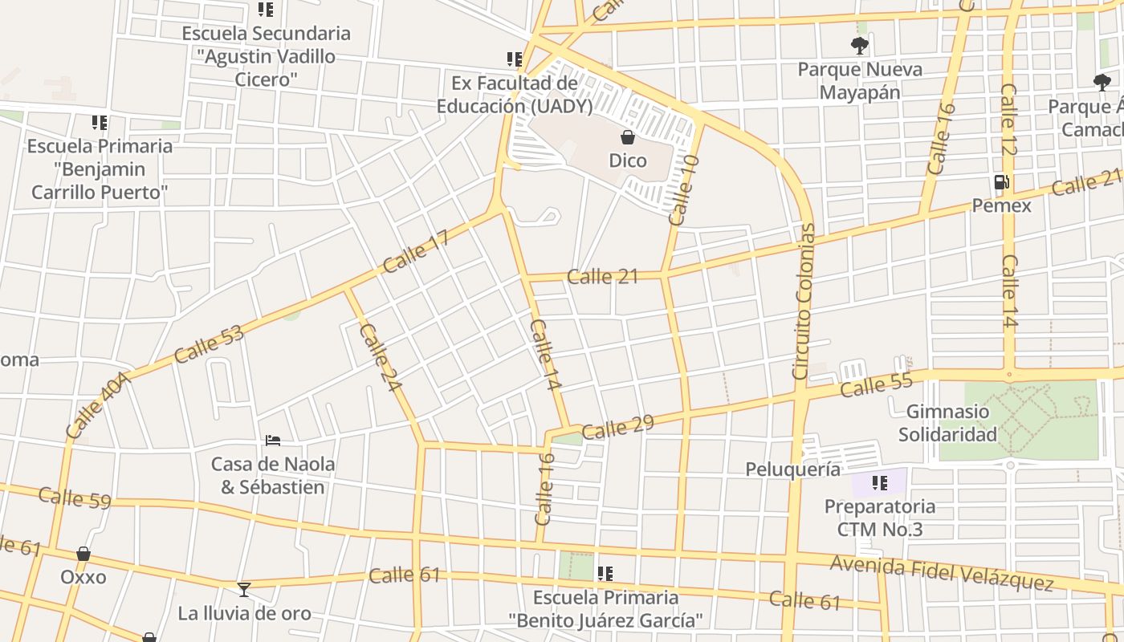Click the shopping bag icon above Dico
tap(628, 137)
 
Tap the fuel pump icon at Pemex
tap(1001, 182)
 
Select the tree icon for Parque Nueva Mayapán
tap(860, 46)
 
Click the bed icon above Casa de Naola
tap(273, 441)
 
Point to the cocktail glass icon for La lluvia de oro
tap(244, 590)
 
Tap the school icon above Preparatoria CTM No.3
tap(879, 483)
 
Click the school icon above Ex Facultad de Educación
tap(515, 59)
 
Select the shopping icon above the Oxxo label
tap(83, 554)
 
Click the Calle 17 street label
tap(415, 251)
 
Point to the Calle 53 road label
tap(208, 343)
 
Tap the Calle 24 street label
tap(380, 357)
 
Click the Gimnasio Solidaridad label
tap(947, 423)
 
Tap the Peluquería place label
tap(792, 469)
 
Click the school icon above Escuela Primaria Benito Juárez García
tap(605, 574)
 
